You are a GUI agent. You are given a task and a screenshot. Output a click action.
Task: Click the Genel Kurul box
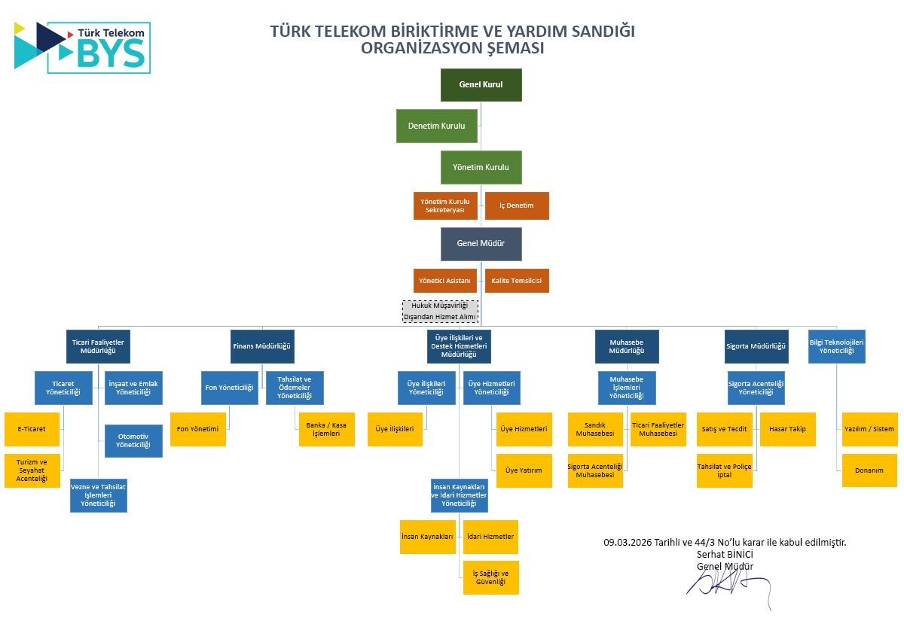point(481,84)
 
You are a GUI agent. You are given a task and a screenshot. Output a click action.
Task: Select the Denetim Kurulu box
point(436,126)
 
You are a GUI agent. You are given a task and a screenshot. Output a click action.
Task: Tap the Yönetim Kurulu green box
point(481,167)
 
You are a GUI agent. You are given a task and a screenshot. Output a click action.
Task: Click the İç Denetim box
point(517,205)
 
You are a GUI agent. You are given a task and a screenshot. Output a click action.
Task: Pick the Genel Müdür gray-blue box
point(481,244)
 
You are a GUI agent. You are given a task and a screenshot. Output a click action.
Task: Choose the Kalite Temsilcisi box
point(517,281)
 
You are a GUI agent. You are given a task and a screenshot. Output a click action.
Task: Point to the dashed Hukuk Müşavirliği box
point(440,311)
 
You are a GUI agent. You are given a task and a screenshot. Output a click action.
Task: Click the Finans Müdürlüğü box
point(262,346)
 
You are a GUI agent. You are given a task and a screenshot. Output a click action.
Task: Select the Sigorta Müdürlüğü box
point(756,346)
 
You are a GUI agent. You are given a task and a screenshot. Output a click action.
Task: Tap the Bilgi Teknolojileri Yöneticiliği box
point(836,346)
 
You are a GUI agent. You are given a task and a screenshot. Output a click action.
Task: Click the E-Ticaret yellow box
point(32,429)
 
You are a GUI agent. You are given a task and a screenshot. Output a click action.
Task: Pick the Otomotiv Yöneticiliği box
point(133,441)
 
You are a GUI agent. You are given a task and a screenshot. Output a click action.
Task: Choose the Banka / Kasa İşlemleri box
point(326,429)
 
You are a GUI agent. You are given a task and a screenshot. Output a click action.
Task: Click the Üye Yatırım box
point(524,470)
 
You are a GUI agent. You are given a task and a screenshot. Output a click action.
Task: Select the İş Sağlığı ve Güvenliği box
point(490,577)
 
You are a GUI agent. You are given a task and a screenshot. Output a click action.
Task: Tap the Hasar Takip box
point(787,429)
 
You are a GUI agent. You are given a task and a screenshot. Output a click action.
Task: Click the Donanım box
point(869,470)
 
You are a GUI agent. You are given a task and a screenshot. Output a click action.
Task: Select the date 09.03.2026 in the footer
point(628,542)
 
